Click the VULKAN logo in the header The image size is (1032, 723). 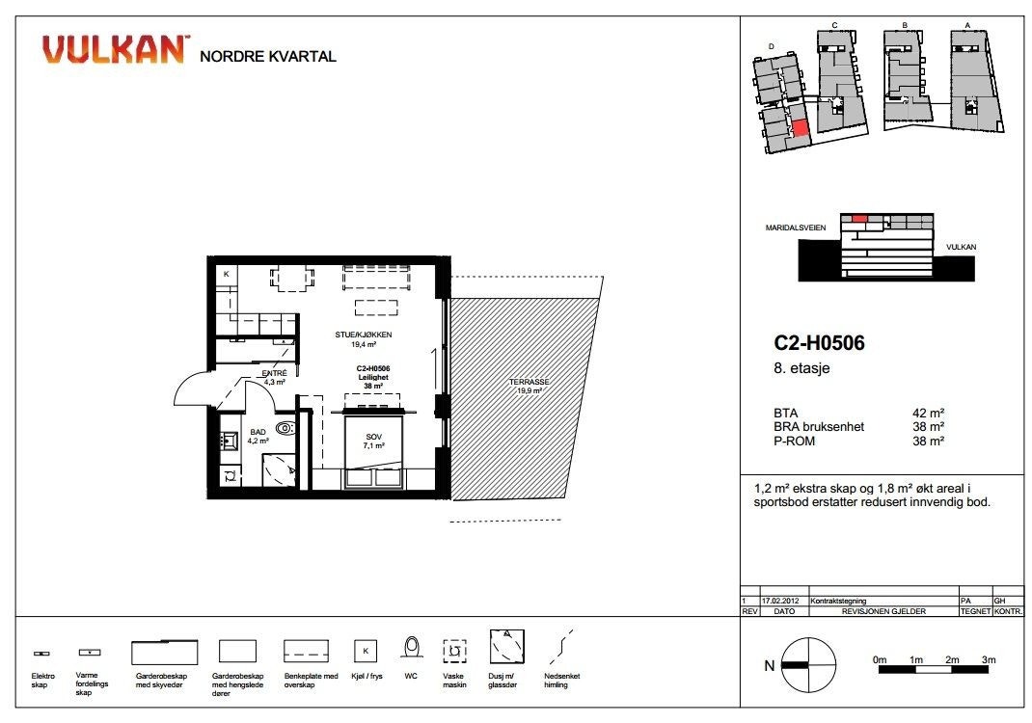click(114, 49)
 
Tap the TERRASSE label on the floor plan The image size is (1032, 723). click(530, 382)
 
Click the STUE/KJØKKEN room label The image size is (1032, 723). click(364, 335)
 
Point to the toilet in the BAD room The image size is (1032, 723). click(285, 428)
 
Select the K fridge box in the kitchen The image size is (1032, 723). click(226, 275)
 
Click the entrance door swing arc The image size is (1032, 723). click(189, 390)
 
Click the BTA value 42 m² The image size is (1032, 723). click(928, 413)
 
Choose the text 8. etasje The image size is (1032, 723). click(799, 367)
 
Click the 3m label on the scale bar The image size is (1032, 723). click(988, 659)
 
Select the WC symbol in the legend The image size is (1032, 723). click(412, 649)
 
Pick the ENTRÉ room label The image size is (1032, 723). click(275, 373)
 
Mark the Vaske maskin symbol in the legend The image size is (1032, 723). click(453, 651)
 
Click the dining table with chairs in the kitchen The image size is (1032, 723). click(291, 278)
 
